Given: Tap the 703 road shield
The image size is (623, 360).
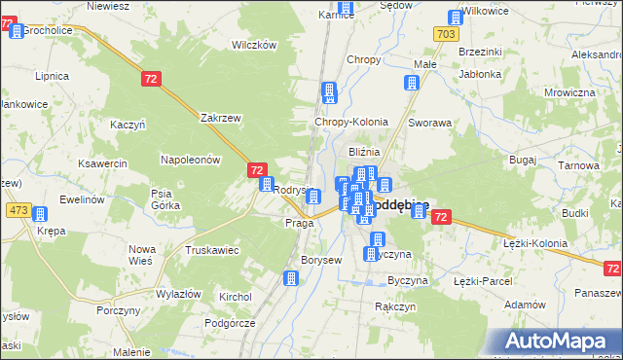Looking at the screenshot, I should [x=447, y=34].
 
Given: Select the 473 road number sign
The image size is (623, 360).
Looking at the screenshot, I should [x=18, y=210].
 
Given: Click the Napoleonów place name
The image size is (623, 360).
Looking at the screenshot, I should [x=192, y=159].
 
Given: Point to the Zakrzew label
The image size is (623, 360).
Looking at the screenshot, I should [x=220, y=118].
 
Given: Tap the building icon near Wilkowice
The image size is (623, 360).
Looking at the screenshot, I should [x=455, y=18].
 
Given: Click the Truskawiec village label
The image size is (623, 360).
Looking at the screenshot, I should [x=212, y=249].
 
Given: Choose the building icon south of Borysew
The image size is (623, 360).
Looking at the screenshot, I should [x=290, y=278].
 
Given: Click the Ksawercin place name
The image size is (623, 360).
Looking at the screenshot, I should [x=102, y=163].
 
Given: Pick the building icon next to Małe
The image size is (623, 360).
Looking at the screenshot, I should [x=412, y=84].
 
